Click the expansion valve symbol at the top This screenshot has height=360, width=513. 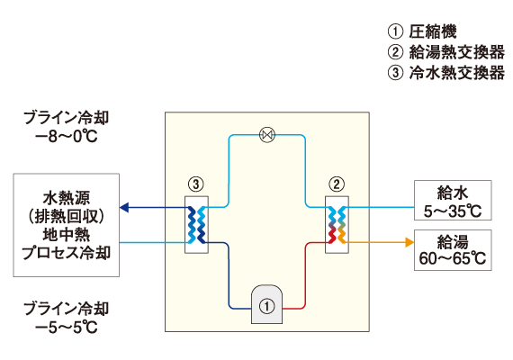(x=267, y=135)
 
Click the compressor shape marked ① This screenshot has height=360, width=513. (x=266, y=304)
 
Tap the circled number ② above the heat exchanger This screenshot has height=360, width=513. (x=337, y=184)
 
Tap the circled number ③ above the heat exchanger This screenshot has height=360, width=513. (x=196, y=184)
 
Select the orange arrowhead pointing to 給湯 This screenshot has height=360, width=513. (x=409, y=242)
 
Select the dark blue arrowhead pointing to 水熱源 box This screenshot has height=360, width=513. (x=124, y=208)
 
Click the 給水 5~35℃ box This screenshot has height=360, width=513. (x=453, y=201)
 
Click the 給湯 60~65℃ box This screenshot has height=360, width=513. (x=453, y=250)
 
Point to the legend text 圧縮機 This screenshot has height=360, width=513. (x=433, y=31)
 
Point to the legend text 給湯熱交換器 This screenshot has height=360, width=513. (x=456, y=52)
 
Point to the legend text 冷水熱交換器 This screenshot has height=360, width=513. (x=456, y=73)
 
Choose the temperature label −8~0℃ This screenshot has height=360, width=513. (x=66, y=137)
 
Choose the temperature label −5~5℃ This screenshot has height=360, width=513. (x=66, y=327)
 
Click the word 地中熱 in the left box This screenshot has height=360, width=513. (x=66, y=235)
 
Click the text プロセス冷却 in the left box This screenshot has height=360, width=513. (x=66, y=253)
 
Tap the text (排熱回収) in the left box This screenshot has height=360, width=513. (x=66, y=216)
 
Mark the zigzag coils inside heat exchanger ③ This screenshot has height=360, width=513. (x=196, y=225)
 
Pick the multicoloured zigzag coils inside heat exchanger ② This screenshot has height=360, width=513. (x=337, y=225)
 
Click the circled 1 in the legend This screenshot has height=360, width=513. (x=395, y=31)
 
